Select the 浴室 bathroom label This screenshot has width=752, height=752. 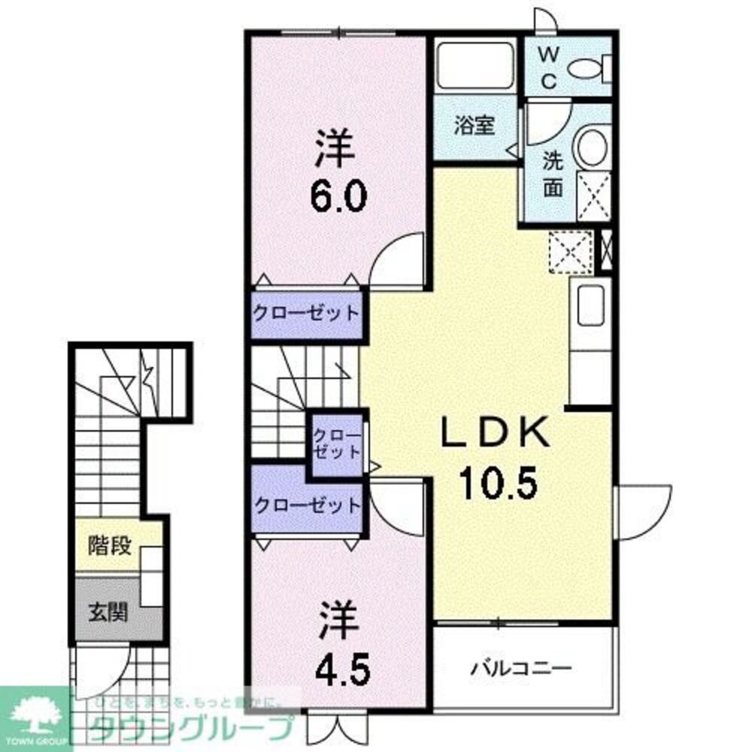[x=474, y=125]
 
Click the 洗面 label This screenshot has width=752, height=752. [x=553, y=174]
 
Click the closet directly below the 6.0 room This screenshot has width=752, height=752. [x=305, y=312]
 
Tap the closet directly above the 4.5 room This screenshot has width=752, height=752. [x=305, y=505]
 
